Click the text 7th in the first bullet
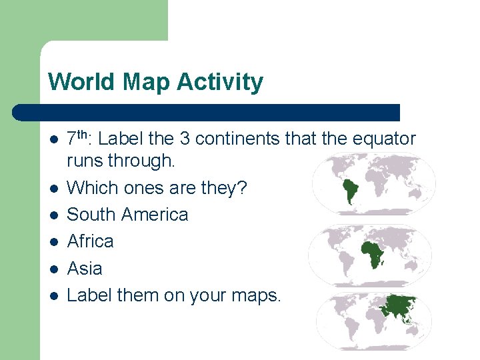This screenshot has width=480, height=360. pos(80,138)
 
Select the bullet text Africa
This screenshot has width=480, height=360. pos(90,241)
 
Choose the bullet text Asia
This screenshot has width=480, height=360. pos(85,268)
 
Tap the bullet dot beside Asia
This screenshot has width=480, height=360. pos(53,269)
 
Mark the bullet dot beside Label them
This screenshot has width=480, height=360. pos(53,295)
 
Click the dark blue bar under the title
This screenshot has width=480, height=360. pos(207,112)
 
